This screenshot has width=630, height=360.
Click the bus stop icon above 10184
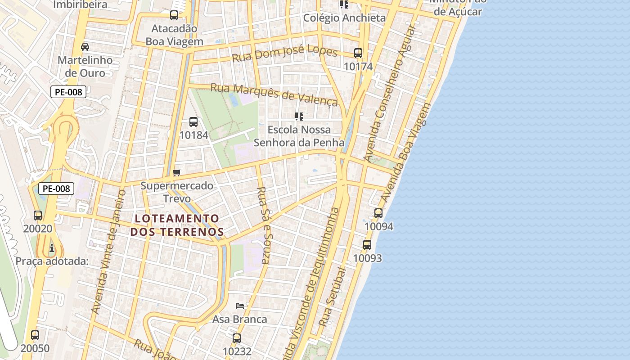click(x=193, y=121)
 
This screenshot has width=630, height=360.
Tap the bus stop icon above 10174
click(x=358, y=53)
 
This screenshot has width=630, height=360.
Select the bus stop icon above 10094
click(x=378, y=213)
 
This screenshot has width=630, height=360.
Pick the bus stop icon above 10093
click(x=367, y=245)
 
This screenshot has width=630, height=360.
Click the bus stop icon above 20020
click(x=38, y=215)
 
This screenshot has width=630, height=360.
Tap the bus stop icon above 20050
click(x=35, y=335)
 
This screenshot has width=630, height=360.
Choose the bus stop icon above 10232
click(x=237, y=338)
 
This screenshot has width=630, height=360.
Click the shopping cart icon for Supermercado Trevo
click(x=177, y=172)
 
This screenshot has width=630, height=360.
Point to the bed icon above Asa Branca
click(x=240, y=306)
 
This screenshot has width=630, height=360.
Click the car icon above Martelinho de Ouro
click(x=85, y=46)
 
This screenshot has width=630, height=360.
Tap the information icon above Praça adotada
click(x=52, y=247)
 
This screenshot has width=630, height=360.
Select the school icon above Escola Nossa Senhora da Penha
click(x=299, y=117)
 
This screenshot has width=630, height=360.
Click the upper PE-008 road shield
click(x=68, y=92)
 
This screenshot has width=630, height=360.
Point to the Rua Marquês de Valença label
click(x=274, y=94)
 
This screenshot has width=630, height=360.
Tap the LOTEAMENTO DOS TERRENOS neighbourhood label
click(x=177, y=225)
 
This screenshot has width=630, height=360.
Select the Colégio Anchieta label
click(x=344, y=18)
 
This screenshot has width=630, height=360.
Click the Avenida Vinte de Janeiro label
click(x=108, y=252)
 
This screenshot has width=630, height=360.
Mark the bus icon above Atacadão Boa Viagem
click(x=174, y=15)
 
